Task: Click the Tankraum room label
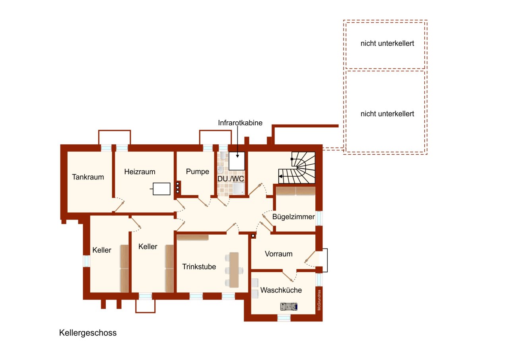pyautogui.click(x=88, y=177)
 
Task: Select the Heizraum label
pyautogui.click(x=140, y=172)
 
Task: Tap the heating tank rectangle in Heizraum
pyautogui.click(x=162, y=189)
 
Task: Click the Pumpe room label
pyautogui.click(x=198, y=172)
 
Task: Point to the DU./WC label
pyautogui.click(x=231, y=179)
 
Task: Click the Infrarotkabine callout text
pyautogui.click(x=240, y=123)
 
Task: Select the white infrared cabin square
pyautogui.click(x=237, y=161)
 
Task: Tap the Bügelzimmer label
pyautogui.click(x=293, y=217)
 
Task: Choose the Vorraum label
pyautogui.click(x=279, y=254)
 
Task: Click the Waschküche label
pyautogui.click(x=281, y=290)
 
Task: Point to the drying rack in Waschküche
pyautogui.click(x=289, y=306)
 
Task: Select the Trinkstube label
pyautogui.click(x=199, y=267)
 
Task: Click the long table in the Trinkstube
pyautogui.click(x=234, y=270)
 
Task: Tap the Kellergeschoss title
pyautogui.click(x=88, y=333)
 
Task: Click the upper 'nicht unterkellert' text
pyautogui.click(x=387, y=44)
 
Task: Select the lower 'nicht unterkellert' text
pyautogui.click(x=387, y=114)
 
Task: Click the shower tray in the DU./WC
pyautogui.click(x=239, y=190)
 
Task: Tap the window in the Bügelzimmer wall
pyautogui.click(x=319, y=218)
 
